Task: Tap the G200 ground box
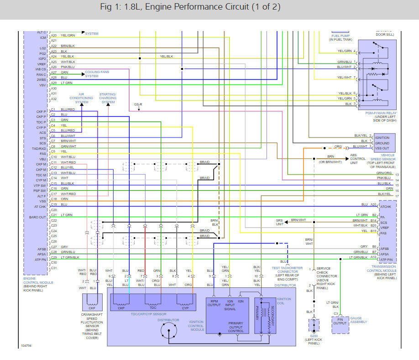pyautogui.click(x=314, y=326)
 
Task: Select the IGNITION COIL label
pyautogui.click(x=283, y=302)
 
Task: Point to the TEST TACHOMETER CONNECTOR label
pyautogui.click(x=287, y=271)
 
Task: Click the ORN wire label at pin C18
pyautogui.click(x=64, y=199)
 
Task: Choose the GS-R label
pyautogui.click(x=138, y=104)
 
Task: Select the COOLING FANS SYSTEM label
pyautogui.click(x=97, y=74)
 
